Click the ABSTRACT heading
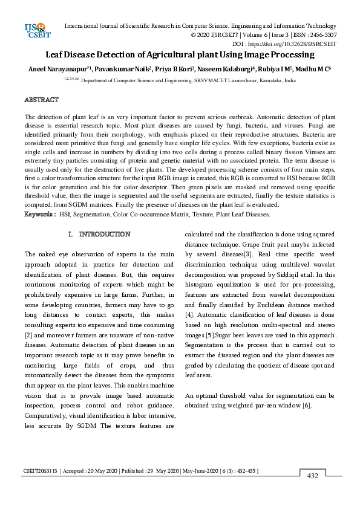pyautogui.click(x=41, y=99)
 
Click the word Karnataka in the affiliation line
pyautogui.click(x=267, y=80)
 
